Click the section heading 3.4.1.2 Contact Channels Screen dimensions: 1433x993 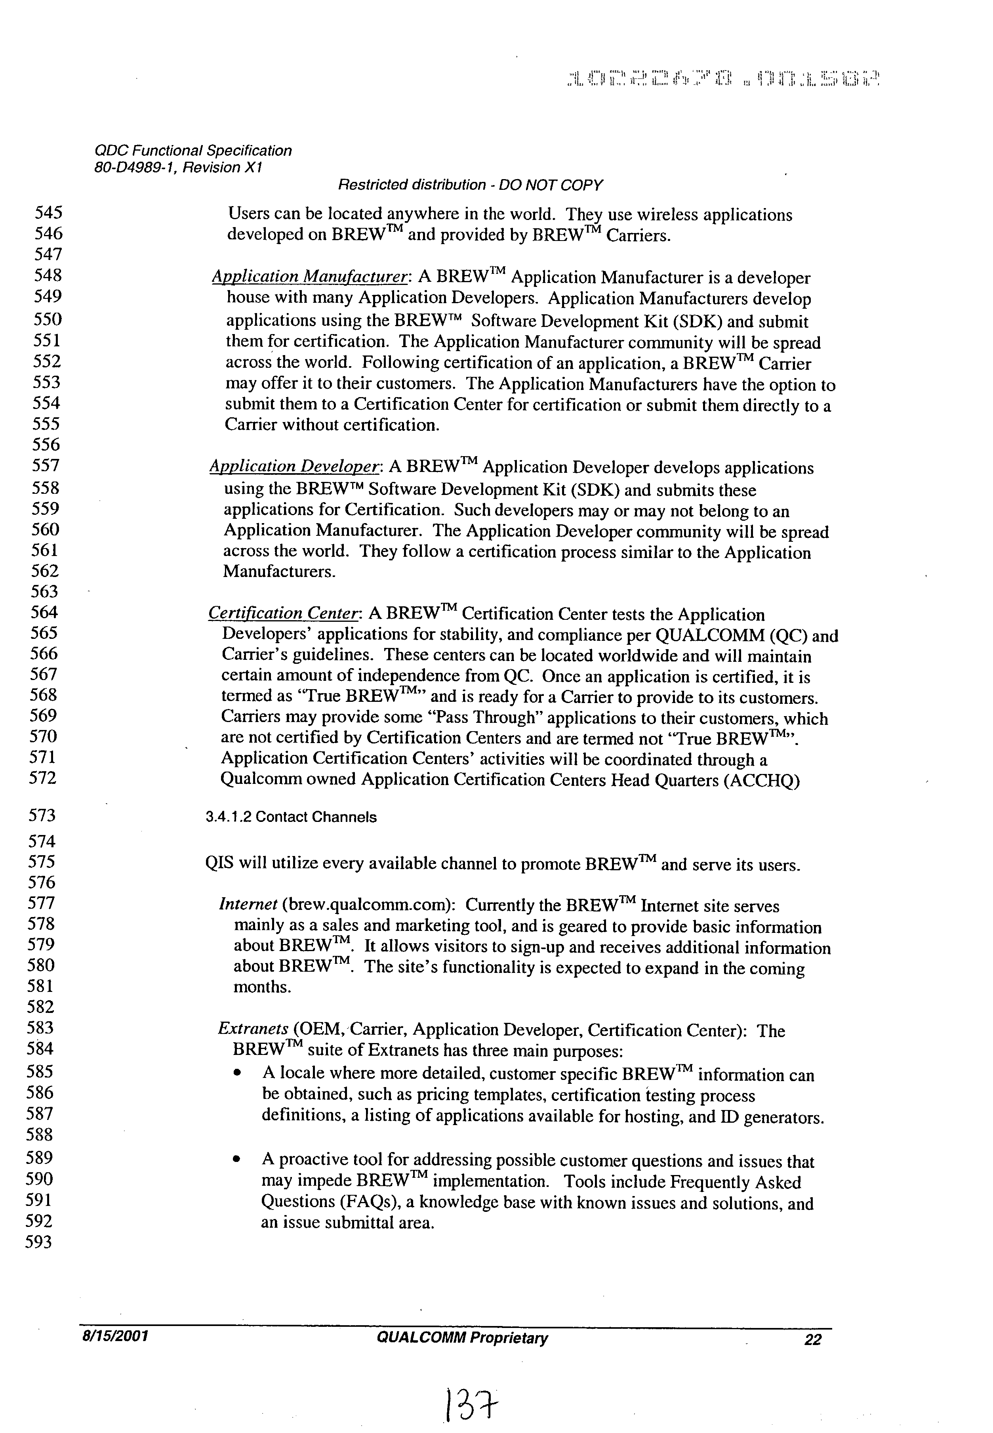click(291, 817)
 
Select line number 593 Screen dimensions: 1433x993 click(38, 1242)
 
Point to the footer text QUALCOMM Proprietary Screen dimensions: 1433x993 click(462, 1338)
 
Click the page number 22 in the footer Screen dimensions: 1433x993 click(812, 1339)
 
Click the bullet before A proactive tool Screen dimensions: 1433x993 click(236, 1160)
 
